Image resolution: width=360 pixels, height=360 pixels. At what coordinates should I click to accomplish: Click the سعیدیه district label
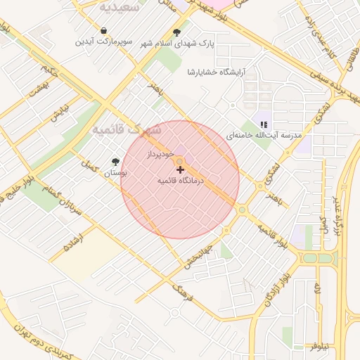116,8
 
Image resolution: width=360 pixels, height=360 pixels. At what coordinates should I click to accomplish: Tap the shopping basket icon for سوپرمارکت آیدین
104,31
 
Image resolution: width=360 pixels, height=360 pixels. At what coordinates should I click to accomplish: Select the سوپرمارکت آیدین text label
103,42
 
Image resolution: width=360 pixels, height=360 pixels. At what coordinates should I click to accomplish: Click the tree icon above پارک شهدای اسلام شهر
175,32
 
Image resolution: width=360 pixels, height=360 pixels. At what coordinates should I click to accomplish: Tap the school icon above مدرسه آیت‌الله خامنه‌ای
263,124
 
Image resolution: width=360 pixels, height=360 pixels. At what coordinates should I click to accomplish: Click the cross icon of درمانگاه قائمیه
180,169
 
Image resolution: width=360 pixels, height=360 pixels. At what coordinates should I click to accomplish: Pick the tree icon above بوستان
115,162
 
